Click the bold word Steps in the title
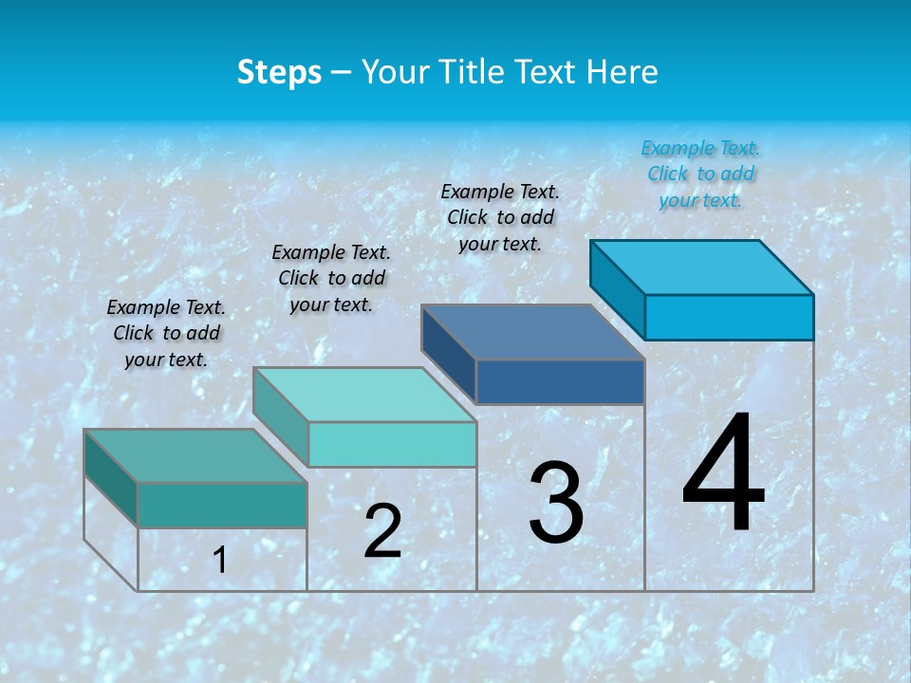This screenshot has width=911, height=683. (x=279, y=72)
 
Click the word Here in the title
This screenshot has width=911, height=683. (x=623, y=72)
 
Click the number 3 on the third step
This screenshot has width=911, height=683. (x=556, y=503)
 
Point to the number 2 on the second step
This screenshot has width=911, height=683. (x=382, y=531)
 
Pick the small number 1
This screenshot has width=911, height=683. (x=220, y=561)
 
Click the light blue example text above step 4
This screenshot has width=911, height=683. (x=700, y=174)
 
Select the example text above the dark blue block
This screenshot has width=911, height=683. (x=500, y=217)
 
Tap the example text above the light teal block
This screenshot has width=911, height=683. (x=331, y=278)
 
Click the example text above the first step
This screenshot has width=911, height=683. (x=166, y=333)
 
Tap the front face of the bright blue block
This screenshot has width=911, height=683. (x=729, y=317)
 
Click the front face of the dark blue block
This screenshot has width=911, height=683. (x=560, y=381)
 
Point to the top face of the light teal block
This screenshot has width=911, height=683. (x=364, y=395)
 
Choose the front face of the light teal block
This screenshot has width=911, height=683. (x=392, y=444)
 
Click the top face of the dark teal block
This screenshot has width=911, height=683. (x=195, y=455)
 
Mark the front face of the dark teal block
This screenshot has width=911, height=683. (x=222, y=505)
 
